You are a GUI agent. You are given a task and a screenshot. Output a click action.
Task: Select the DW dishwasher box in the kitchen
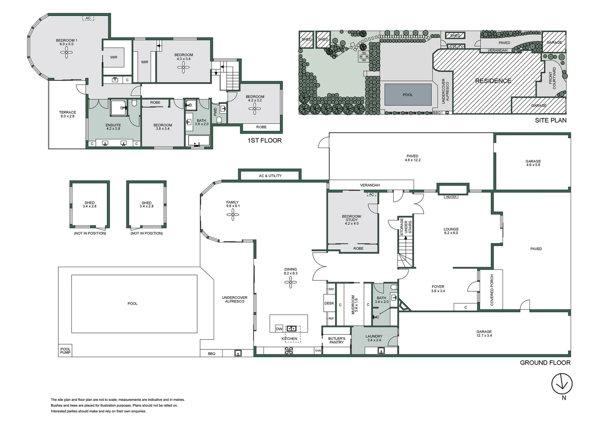279,329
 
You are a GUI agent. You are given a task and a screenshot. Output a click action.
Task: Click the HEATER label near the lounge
451,197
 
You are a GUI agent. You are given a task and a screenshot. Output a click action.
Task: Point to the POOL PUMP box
65,351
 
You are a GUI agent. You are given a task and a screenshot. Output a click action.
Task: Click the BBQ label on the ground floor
211,354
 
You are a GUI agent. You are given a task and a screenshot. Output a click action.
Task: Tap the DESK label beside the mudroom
329,303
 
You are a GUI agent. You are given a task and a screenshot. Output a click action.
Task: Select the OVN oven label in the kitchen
318,351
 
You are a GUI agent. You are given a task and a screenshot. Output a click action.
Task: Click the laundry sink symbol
381,351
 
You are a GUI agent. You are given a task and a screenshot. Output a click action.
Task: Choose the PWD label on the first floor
215,111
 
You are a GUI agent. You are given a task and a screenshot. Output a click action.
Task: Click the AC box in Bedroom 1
88,18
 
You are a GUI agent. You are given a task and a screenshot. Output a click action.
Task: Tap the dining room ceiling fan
290,282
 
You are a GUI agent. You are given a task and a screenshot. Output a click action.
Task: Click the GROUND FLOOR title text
545,363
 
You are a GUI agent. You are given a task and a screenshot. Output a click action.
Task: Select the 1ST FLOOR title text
264,140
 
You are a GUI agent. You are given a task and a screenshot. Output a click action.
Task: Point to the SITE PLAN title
550,120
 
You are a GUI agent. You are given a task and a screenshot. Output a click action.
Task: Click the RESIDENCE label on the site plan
493,81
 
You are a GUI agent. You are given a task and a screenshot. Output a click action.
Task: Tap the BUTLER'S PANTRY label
337,340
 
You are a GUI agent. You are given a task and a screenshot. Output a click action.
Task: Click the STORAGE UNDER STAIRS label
406,227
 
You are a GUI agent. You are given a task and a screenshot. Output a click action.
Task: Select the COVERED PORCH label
492,290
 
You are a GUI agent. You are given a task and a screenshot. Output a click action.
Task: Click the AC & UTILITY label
270,176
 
